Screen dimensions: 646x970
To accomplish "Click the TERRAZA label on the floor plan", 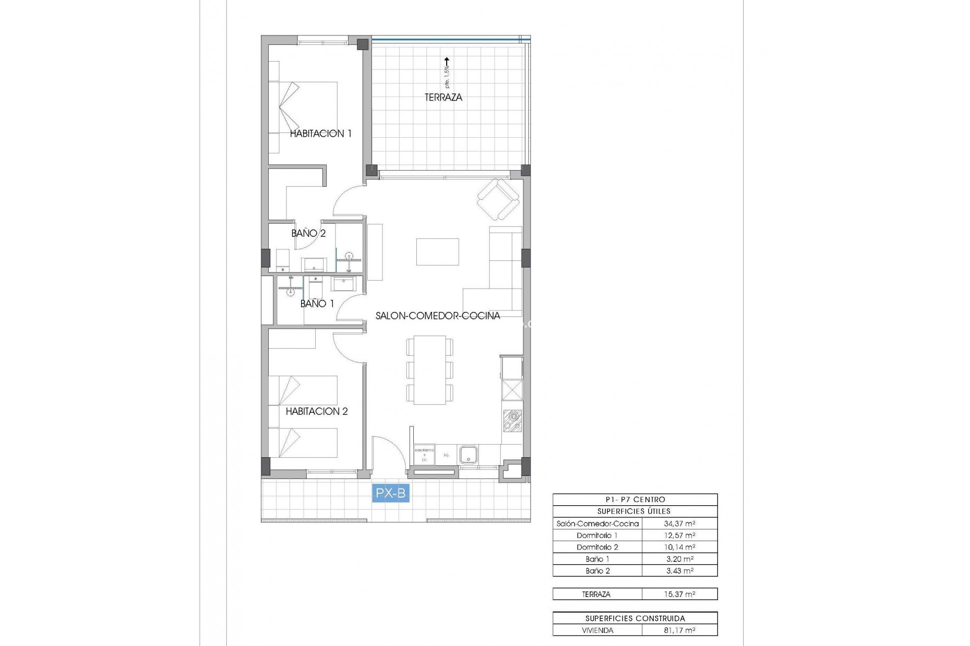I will click(x=443, y=97).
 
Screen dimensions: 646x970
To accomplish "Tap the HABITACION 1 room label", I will click(x=320, y=134).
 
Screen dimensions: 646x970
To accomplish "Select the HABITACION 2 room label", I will click(x=317, y=411).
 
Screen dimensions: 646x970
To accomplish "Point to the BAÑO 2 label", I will click(x=308, y=233).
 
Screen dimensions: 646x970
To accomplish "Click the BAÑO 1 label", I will click(x=317, y=304).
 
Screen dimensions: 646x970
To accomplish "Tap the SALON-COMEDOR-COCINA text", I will click(x=438, y=316).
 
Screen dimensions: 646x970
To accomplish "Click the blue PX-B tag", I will click(x=391, y=493).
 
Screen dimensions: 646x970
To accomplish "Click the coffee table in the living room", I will click(x=438, y=251).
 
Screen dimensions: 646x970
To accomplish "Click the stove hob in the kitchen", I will click(x=512, y=421).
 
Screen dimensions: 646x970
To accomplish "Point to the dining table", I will click(x=429, y=369).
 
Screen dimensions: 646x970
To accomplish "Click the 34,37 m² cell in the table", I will click(x=679, y=524).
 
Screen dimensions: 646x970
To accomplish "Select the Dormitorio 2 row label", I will click(x=597, y=548).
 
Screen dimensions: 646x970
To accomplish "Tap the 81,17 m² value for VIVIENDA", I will click(x=679, y=630).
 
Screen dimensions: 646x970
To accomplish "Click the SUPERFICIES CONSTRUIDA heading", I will click(x=635, y=618).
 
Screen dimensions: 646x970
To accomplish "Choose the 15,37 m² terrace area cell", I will click(x=679, y=595).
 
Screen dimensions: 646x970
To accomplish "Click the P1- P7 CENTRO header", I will click(x=635, y=500).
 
